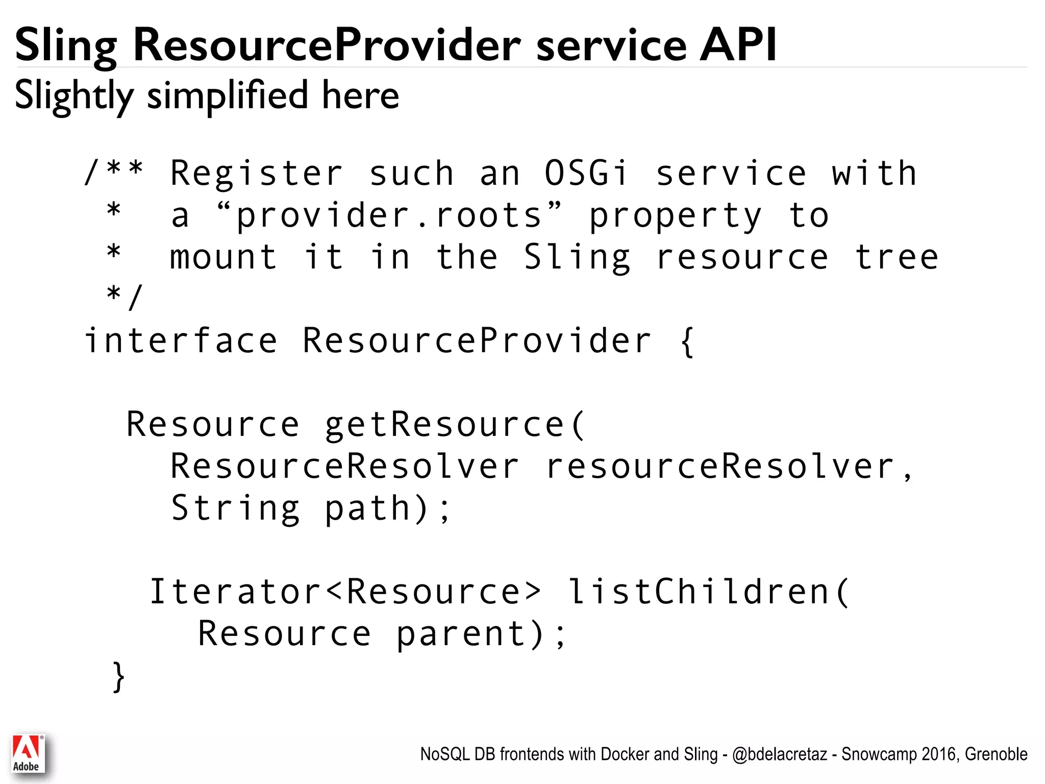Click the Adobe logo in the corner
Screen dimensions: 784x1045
point(28,753)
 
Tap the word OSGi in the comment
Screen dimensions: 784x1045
point(586,174)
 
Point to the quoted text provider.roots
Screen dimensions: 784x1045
point(389,214)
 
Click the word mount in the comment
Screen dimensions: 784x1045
point(223,257)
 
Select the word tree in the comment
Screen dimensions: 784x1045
point(897,257)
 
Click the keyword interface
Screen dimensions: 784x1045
point(181,340)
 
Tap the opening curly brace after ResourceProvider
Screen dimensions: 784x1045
point(687,341)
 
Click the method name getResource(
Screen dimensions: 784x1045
point(456,424)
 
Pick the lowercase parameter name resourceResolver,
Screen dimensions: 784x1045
point(729,466)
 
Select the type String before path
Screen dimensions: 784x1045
point(235,508)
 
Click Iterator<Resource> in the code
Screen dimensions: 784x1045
point(344,592)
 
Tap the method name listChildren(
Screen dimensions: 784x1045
point(708,592)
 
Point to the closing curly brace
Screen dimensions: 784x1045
point(118,677)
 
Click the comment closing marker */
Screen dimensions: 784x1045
point(124,297)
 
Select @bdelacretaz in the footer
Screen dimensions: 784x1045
point(779,754)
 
